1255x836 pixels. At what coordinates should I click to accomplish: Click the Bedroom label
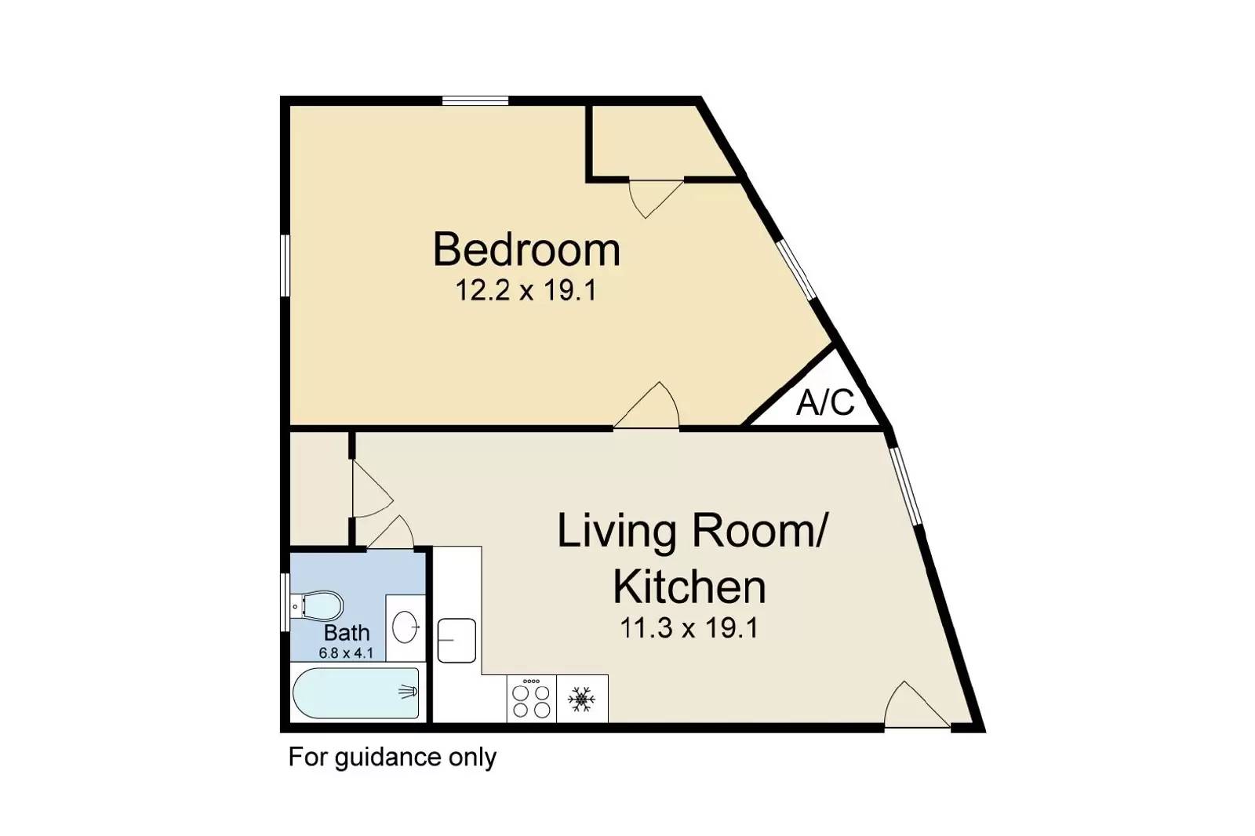[x=526, y=250]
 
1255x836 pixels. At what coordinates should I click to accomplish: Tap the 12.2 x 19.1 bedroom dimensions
[x=526, y=290]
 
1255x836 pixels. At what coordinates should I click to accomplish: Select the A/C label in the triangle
[x=824, y=402]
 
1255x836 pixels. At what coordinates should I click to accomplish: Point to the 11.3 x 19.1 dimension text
[x=689, y=628]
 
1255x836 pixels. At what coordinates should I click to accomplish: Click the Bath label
[x=347, y=633]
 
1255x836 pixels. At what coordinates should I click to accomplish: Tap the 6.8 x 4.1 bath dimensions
[x=346, y=652]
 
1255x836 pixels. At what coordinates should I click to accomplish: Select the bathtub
[x=356, y=692]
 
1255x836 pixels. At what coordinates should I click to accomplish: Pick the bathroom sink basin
[x=405, y=627]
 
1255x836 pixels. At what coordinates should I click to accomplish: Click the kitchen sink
[x=457, y=641]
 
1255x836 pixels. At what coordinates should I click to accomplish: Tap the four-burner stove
[x=531, y=699]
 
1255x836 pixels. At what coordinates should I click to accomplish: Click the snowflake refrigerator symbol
[x=581, y=700]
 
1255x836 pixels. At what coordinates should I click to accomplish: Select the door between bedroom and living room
[x=647, y=405]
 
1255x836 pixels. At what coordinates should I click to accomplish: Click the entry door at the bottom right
[x=917, y=705]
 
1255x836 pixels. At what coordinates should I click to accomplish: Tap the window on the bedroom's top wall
[x=475, y=101]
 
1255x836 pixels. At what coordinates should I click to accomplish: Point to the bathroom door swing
[x=391, y=532]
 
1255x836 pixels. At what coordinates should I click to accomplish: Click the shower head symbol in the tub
[x=409, y=692]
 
